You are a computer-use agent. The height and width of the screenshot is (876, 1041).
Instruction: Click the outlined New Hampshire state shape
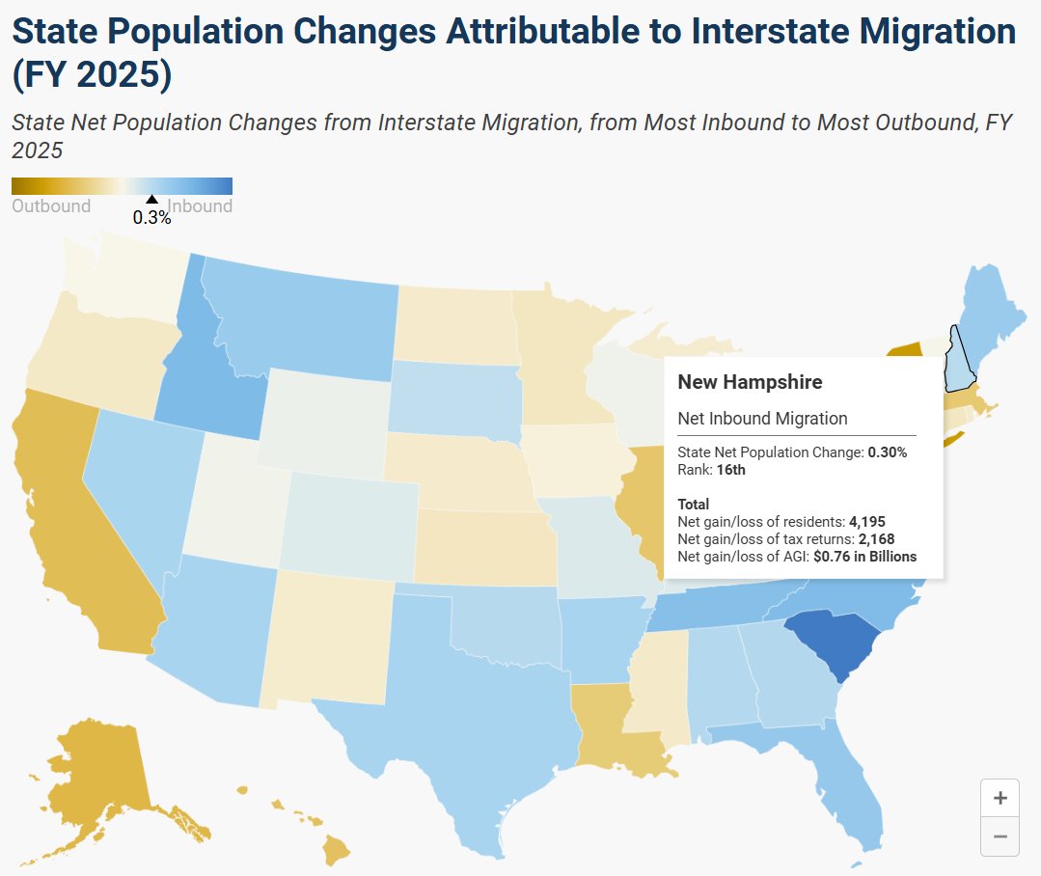coord(959,365)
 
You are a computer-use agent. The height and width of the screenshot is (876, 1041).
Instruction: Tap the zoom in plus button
coord(1000,798)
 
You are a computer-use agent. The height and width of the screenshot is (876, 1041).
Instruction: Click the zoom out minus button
coord(1000,836)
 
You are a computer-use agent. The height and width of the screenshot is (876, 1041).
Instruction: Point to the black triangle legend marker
coord(152,199)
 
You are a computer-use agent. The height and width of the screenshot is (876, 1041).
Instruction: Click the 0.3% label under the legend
coord(152,218)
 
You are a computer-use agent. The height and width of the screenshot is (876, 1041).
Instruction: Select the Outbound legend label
coord(51,205)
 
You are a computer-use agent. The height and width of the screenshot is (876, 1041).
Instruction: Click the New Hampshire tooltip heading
coord(750,382)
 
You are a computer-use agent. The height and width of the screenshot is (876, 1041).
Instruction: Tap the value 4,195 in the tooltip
coord(867,522)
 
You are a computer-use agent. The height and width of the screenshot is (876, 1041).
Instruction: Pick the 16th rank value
coord(731,470)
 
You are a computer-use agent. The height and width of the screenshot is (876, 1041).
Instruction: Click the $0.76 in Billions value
coord(865,556)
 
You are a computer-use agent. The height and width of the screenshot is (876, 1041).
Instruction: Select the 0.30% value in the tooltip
coord(888,452)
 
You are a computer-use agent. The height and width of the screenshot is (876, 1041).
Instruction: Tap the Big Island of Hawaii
coord(336,849)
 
